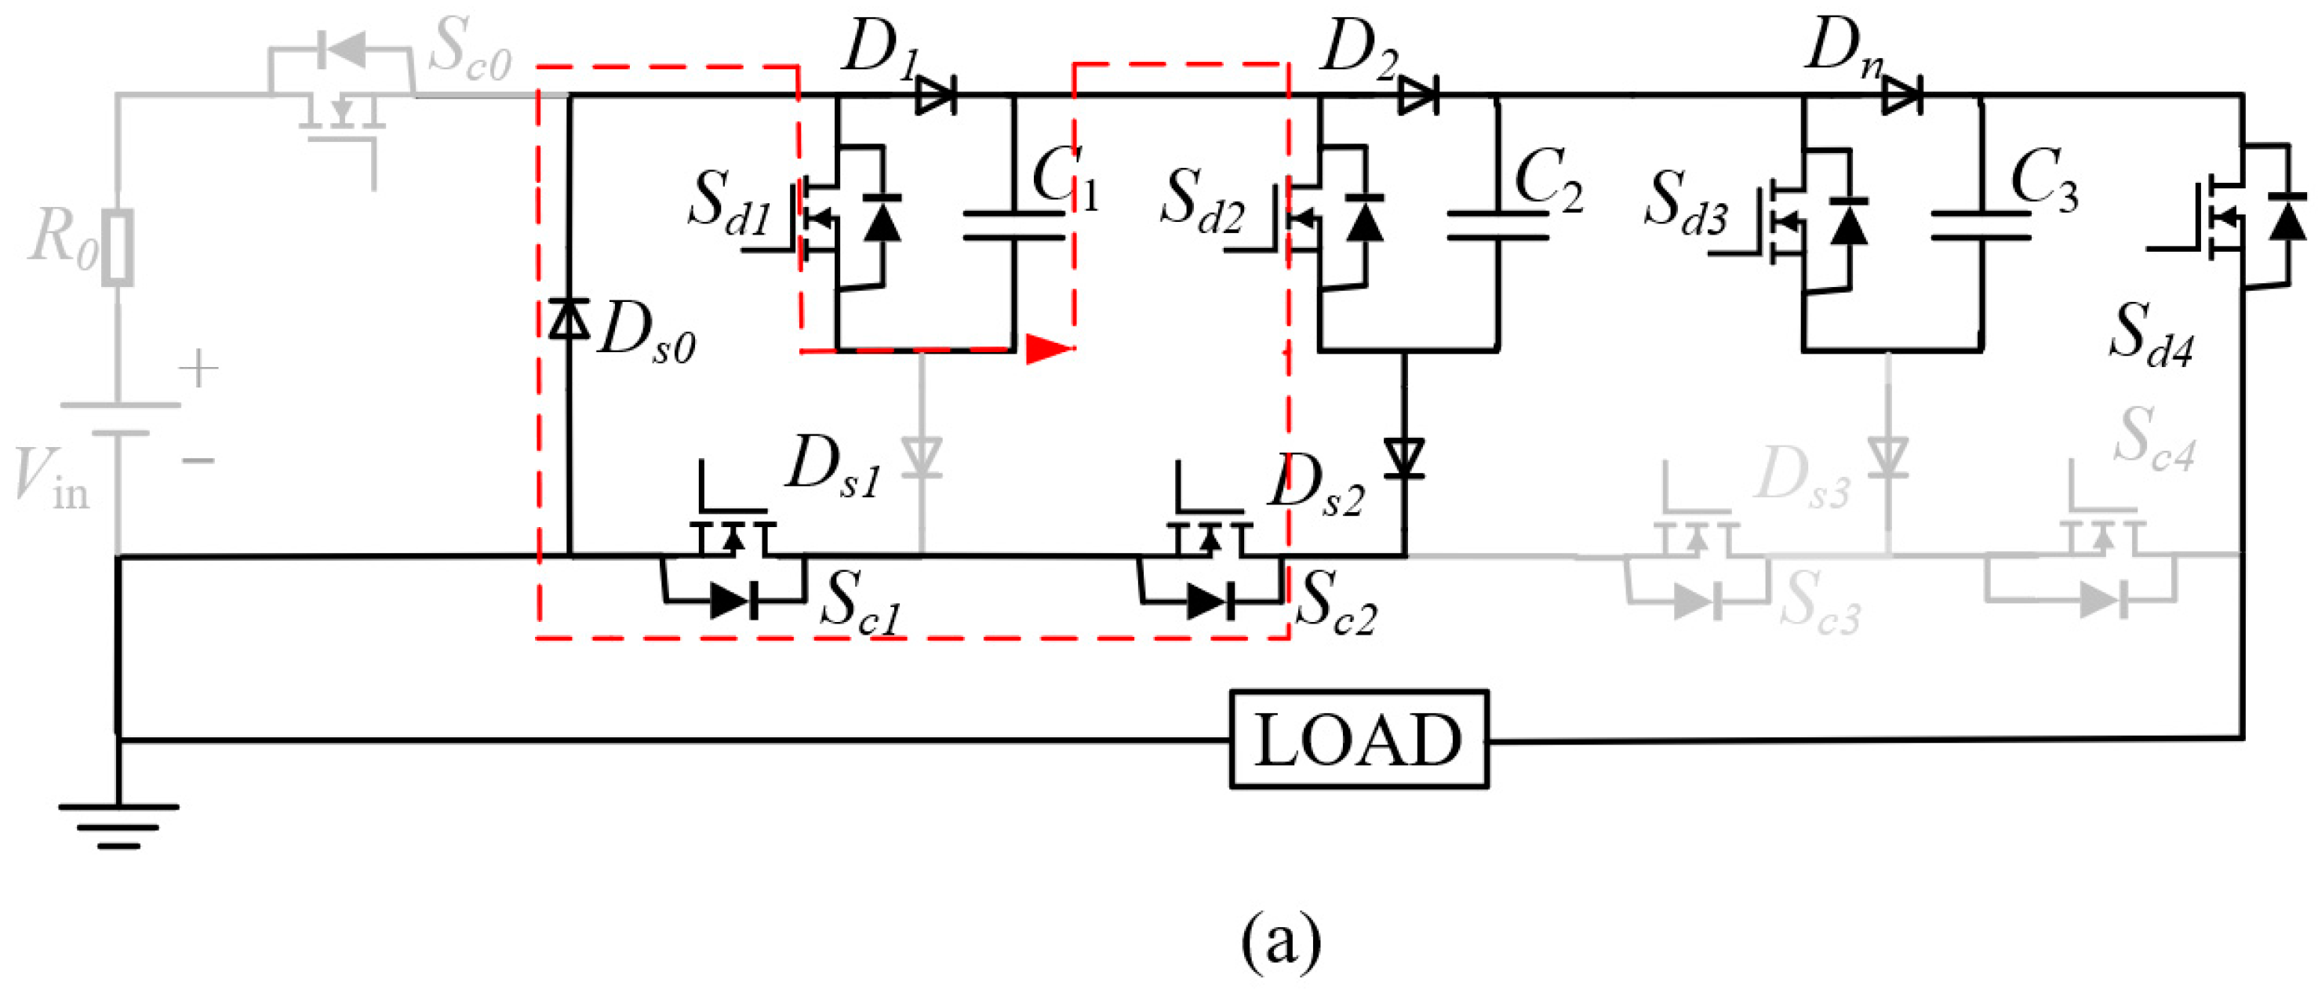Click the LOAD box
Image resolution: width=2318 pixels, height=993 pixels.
[x=1358, y=740]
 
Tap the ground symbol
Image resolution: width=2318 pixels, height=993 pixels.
[x=118, y=824]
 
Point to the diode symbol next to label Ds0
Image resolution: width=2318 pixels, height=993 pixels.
[x=569, y=319]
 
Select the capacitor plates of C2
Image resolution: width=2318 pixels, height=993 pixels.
[x=1497, y=226]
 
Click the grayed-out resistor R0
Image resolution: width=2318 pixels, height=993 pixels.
[x=117, y=247]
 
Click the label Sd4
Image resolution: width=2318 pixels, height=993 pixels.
[x=2151, y=335]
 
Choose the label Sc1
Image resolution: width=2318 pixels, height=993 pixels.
[x=861, y=602]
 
